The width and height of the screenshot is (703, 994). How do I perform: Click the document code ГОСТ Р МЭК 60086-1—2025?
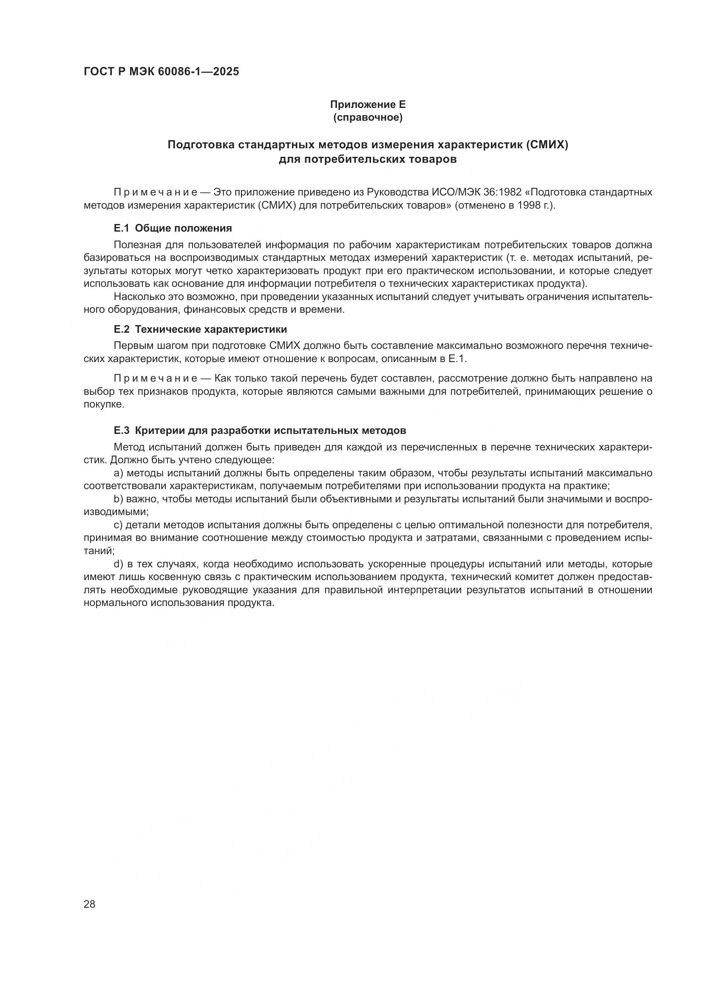tap(161, 72)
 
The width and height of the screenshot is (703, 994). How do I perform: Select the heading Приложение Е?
tap(368, 105)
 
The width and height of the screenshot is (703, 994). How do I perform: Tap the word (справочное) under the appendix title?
tap(368, 117)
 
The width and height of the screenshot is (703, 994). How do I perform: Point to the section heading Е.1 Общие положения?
tap(173, 228)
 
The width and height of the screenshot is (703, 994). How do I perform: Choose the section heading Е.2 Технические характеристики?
tap(200, 329)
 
